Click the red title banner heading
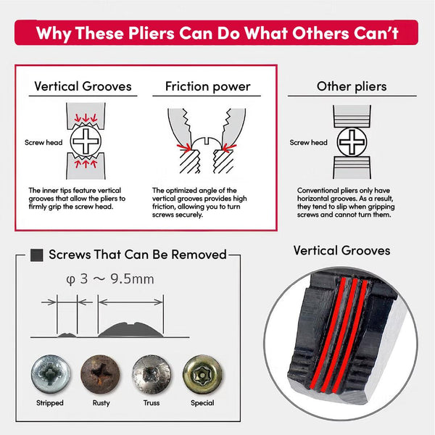coord(217,33)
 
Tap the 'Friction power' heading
coord(208,86)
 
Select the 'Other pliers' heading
coord(352,86)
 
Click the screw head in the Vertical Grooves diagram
coord(86,141)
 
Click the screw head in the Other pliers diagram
coord(352,142)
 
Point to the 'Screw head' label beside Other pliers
coord(309,142)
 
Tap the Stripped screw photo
coord(51,374)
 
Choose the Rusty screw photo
coord(101,374)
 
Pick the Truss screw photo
coord(152,374)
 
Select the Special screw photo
coord(202,374)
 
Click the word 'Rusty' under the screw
coord(101,403)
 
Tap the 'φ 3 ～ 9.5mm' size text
coord(110,279)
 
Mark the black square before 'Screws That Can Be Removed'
coord(37,255)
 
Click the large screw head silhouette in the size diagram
coord(130,330)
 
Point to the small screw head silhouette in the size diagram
coord(67,335)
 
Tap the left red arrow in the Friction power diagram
coord(184,148)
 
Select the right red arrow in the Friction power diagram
coord(230,148)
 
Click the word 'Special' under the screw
coord(202,403)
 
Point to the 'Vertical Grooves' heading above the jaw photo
coord(341,251)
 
